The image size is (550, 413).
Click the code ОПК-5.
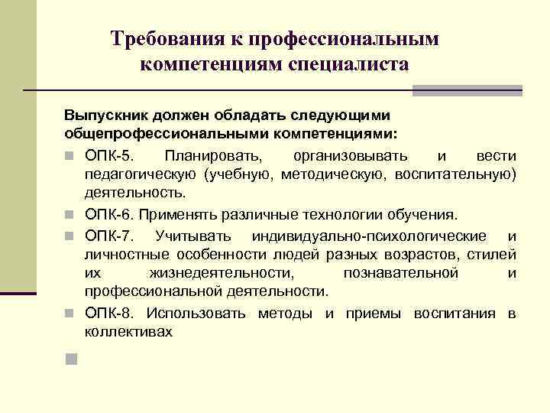point(113,156)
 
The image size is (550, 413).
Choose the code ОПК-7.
point(112,235)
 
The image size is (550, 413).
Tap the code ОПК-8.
point(112,314)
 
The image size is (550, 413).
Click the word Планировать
point(205,156)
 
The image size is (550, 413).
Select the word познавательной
point(400,273)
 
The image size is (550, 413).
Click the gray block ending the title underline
point(467,90)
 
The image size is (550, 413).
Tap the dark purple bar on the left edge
point(18,293)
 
